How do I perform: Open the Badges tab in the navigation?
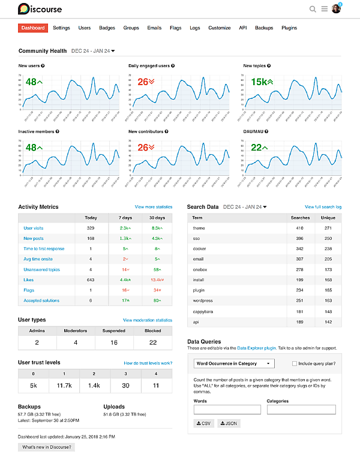(x=107, y=28)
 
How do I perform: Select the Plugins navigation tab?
(x=289, y=28)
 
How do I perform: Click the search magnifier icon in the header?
(x=313, y=9)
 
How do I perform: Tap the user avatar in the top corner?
(x=336, y=9)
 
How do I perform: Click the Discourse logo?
(x=40, y=9)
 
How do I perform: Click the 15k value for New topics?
(x=262, y=82)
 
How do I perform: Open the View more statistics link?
(x=153, y=207)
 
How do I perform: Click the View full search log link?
(x=323, y=207)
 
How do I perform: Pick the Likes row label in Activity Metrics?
(x=28, y=279)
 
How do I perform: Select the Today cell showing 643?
(x=91, y=279)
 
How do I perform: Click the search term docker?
(x=199, y=248)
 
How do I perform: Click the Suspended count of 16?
(x=114, y=342)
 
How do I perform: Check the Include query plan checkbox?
(x=294, y=363)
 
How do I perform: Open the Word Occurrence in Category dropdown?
(x=235, y=363)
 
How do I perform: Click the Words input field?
(x=227, y=410)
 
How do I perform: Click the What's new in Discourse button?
(x=46, y=447)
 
